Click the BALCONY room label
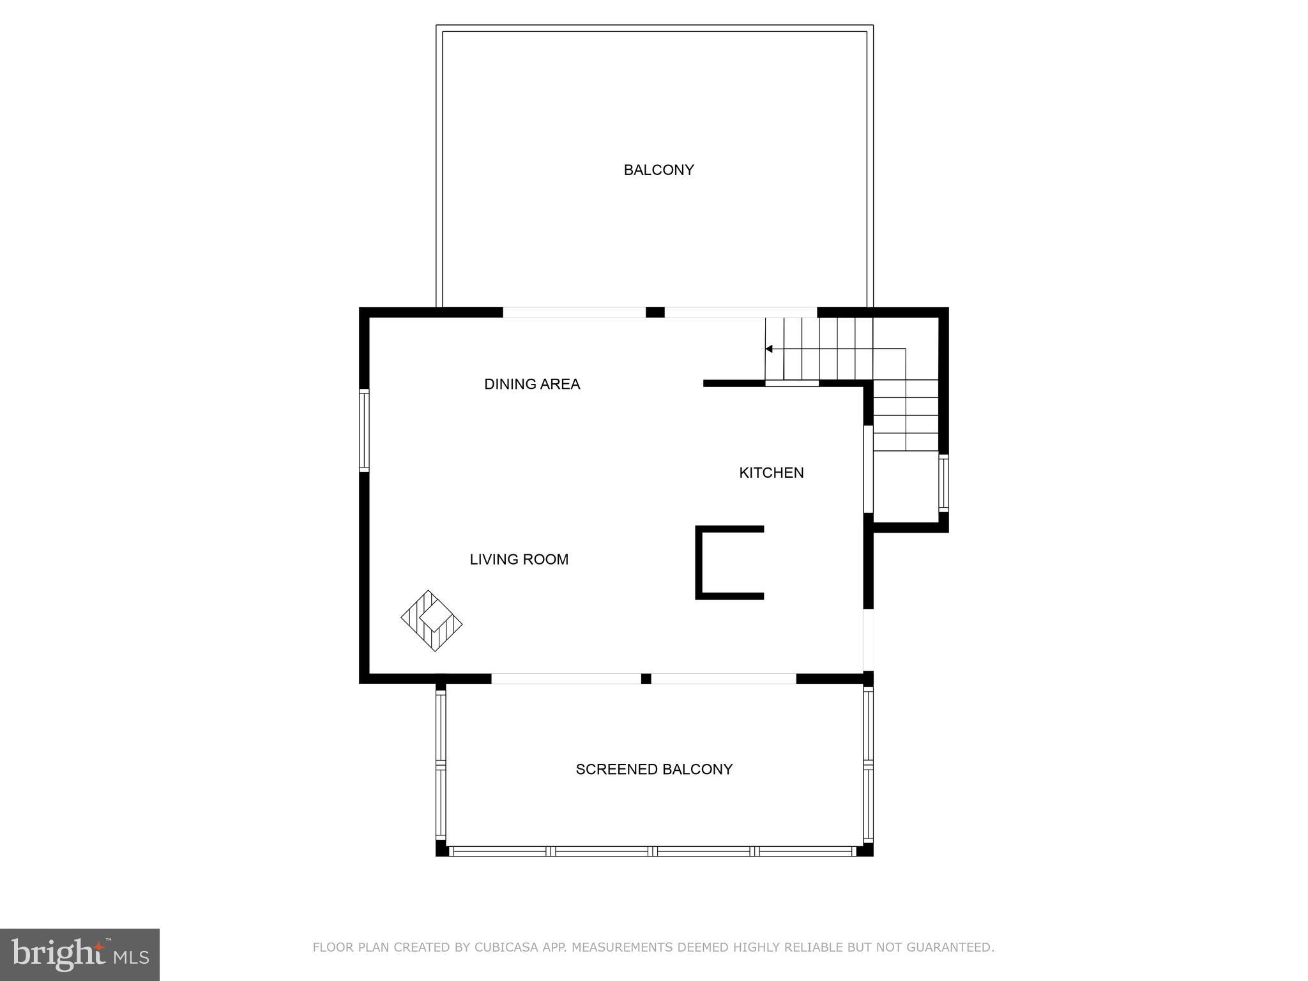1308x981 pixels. click(x=658, y=170)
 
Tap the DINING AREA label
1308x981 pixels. click(x=532, y=384)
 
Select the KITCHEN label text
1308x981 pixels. click(x=771, y=473)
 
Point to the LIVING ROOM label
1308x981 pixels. click(x=519, y=559)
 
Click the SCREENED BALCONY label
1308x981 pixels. click(x=654, y=769)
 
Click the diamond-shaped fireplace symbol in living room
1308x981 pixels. click(x=432, y=621)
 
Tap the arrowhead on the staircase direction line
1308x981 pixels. click(x=769, y=349)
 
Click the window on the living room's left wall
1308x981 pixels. click(x=364, y=430)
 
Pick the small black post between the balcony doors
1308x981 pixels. click(x=655, y=312)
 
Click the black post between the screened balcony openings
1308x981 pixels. click(x=646, y=678)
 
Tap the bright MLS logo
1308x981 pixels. click(x=80, y=954)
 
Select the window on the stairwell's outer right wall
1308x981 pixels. click(x=943, y=483)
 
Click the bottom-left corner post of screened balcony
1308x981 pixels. click(x=441, y=849)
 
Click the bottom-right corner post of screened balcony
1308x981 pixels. click(x=865, y=849)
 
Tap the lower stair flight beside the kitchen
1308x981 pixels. click(x=905, y=415)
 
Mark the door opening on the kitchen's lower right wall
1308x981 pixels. click(x=868, y=640)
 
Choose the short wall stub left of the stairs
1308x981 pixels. click(x=733, y=383)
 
